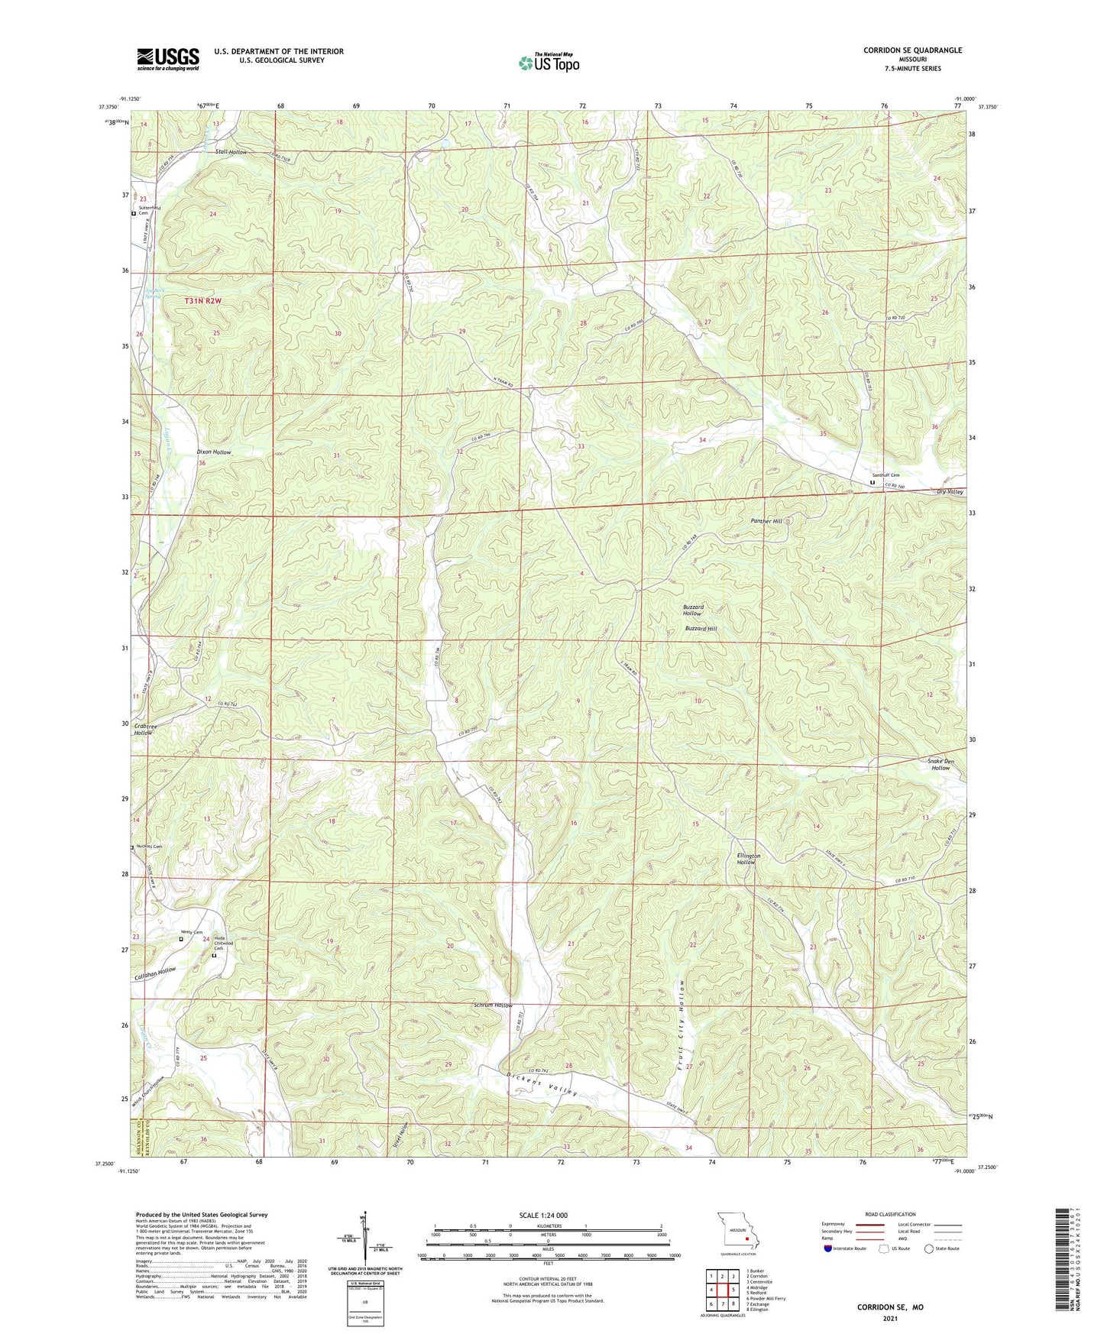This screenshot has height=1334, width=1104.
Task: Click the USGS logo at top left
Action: click(168, 59)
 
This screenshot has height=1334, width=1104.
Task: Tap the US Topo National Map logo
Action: click(549, 63)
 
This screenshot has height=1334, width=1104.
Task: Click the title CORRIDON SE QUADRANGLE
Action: click(912, 50)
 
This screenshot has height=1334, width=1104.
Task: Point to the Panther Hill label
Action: click(766, 521)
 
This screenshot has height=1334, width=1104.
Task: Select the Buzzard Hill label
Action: click(701, 629)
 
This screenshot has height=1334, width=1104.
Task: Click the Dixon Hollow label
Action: click(214, 452)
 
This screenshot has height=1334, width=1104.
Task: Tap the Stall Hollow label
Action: click(231, 152)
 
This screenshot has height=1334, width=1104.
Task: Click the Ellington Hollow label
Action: click(748, 859)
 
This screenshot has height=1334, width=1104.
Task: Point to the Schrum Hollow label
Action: click(493, 1005)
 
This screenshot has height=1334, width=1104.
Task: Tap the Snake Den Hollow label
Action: click(941, 764)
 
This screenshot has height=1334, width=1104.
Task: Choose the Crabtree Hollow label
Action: click(144, 729)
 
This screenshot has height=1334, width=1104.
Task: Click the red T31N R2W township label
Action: click(202, 301)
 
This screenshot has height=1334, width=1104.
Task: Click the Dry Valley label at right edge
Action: click(950, 492)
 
